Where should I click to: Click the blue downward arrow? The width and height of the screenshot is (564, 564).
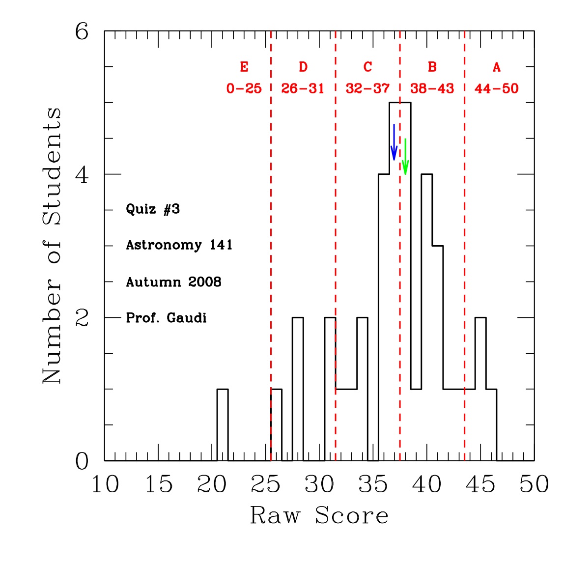394,142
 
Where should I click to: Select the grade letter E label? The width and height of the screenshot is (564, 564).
244,67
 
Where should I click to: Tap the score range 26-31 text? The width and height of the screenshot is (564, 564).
303,89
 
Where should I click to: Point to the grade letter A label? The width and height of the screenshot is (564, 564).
497,67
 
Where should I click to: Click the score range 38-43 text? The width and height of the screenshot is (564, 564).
432,89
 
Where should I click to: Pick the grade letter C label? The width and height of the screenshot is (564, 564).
367,67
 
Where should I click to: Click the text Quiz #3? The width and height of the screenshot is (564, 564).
153,209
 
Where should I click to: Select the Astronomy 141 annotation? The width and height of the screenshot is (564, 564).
179,245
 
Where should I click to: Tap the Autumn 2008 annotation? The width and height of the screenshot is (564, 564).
173,282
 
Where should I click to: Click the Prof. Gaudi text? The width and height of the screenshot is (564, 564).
166,318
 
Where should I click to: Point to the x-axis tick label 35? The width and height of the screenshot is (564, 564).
373,485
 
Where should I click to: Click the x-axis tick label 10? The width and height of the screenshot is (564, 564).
105,485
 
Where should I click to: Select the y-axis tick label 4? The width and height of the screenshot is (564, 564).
82,175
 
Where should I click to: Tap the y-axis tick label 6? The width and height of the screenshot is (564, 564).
82,32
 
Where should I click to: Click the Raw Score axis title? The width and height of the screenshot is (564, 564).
319,516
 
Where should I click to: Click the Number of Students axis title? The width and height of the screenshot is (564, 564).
52,246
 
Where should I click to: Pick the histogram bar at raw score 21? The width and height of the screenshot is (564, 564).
223,425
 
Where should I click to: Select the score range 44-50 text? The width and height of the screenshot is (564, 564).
497,89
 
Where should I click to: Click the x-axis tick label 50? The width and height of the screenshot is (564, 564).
534,485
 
